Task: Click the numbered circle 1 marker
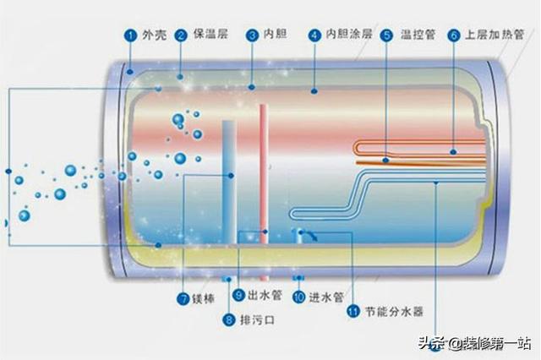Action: tap(130, 35)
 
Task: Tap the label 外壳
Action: tap(153, 35)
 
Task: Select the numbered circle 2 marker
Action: tap(181, 35)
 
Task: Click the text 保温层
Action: tap(209, 35)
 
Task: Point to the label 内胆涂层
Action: tap(342, 35)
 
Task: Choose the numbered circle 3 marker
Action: tap(252, 35)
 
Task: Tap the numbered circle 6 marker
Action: tap(453, 35)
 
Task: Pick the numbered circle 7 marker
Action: tap(182, 298)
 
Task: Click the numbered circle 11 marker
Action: tap(352, 311)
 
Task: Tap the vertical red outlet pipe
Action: tap(264, 177)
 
